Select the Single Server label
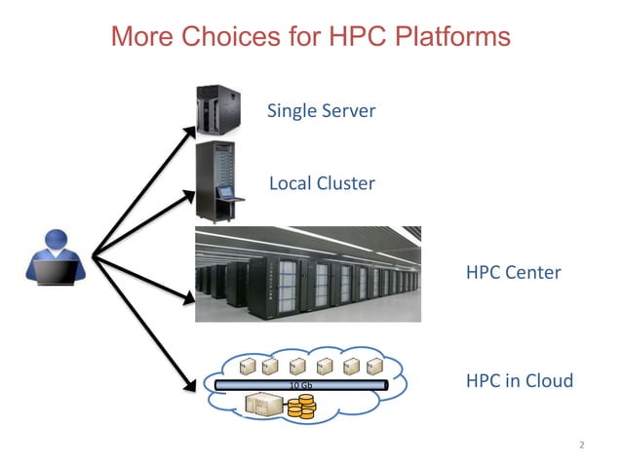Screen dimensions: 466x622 point(321,111)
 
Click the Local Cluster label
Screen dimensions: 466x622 point(321,183)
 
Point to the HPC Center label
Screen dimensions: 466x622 point(513,272)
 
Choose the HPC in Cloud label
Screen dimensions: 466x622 point(519,381)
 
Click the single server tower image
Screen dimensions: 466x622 point(219,108)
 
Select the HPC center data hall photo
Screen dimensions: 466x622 point(308,274)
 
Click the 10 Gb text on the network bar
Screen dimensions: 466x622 point(302,385)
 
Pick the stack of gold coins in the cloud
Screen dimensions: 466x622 point(299,408)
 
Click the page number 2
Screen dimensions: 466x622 point(581,446)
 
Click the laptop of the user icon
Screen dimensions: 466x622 point(57,273)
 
